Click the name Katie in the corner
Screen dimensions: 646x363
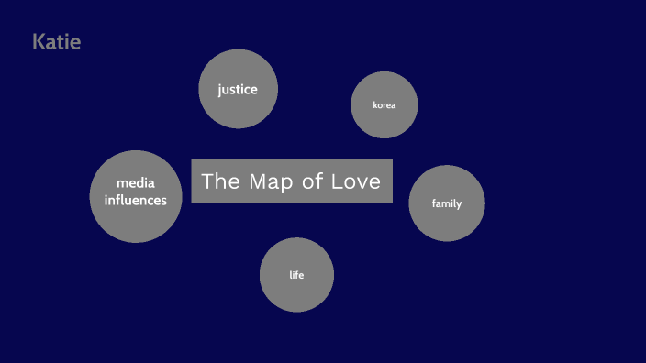[56, 41]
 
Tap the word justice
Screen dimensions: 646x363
[238, 90]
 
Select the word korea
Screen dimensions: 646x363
[384, 105]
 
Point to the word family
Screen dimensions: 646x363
[447, 203]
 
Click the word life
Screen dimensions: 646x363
[296, 275]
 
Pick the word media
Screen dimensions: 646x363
[136, 183]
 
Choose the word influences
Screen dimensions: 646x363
[136, 200]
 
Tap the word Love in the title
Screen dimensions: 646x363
[357, 181]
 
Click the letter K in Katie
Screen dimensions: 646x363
[39, 41]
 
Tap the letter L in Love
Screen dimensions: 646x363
[337, 181]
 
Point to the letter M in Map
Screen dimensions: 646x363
[259, 181]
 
